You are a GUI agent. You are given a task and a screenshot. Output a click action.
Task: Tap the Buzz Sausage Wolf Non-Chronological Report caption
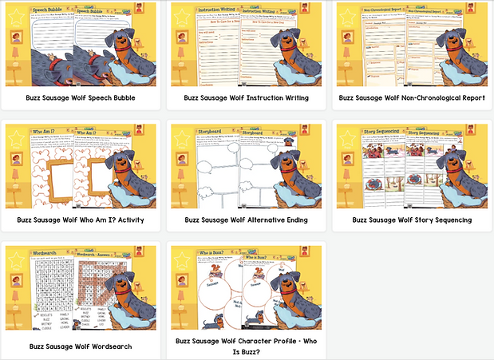coord(412,98)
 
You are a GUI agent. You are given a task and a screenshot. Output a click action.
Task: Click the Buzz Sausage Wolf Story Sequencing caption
coord(412,220)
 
